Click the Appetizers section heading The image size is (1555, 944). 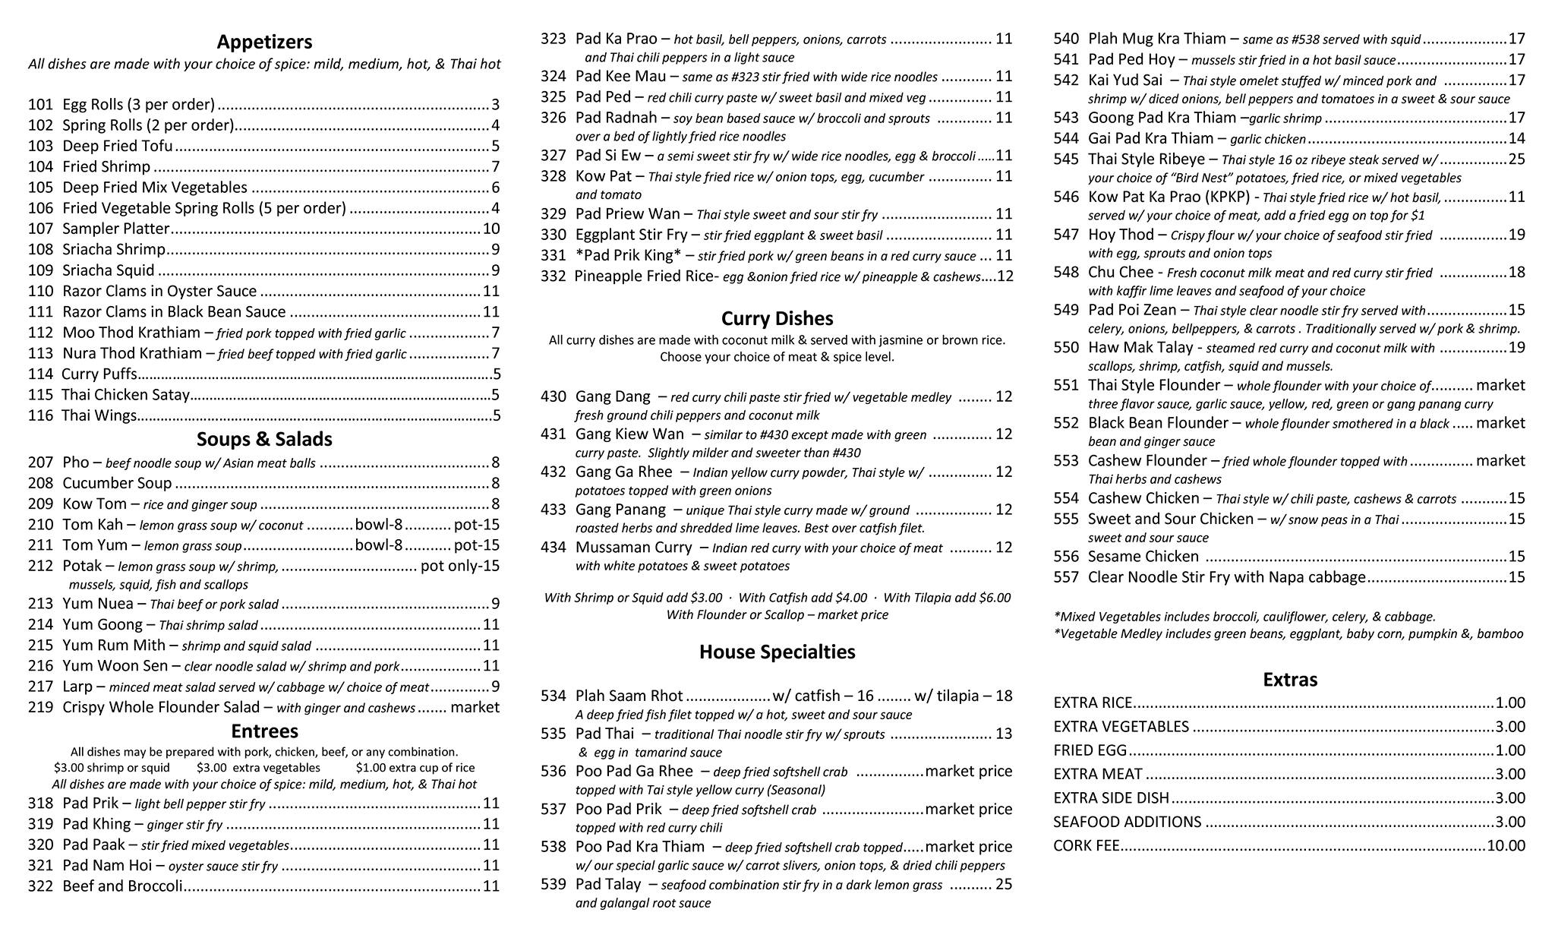pyautogui.click(x=264, y=42)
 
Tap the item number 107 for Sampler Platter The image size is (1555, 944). pyautogui.click(x=40, y=229)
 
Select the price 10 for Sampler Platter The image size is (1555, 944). pyautogui.click(x=491, y=229)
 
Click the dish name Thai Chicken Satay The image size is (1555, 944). pyautogui.click(x=125, y=395)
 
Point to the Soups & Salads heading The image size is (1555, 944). pyautogui.click(x=264, y=439)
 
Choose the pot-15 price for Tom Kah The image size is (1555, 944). pyautogui.click(x=477, y=524)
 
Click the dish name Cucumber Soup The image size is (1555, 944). pyautogui.click(x=117, y=483)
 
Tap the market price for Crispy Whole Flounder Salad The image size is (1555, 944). pyautogui.click(x=475, y=707)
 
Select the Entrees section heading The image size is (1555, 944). pyautogui.click(x=264, y=731)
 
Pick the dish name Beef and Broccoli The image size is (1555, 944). pyautogui.click(x=123, y=886)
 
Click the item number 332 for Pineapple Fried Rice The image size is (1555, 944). pyautogui.click(x=553, y=276)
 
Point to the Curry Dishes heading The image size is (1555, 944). pyautogui.click(x=777, y=319)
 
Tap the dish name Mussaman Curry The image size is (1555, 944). pyautogui.click(x=634, y=548)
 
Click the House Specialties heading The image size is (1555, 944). pyautogui.click(x=777, y=652)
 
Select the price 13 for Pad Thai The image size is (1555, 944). pyautogui.click(x=1004, y=734)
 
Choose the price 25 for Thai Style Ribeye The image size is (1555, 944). pyautogui.click(x=1516, y=159)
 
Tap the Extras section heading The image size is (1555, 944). pyautogui.click(x=1289, y=680)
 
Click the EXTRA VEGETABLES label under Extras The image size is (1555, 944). pyautogui.click(x=1121, y=727)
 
